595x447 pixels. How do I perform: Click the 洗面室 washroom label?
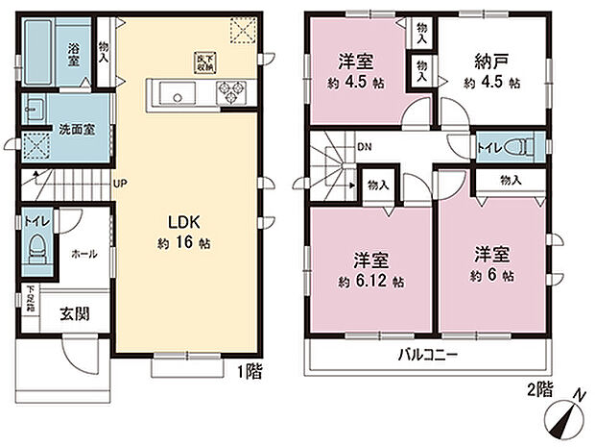tap(74, 128)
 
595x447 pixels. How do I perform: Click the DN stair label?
tap(364, 147)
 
